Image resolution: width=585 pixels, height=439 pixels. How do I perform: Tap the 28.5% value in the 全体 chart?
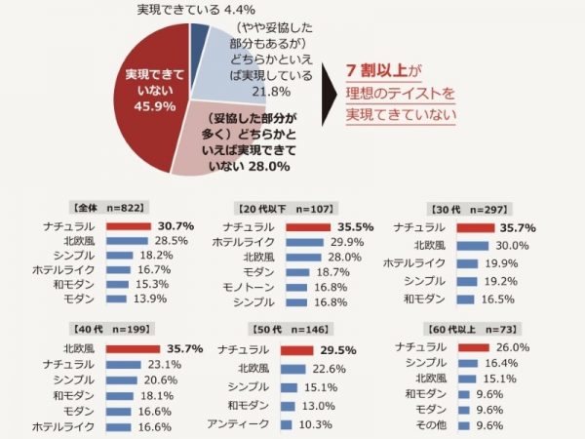click(172, 240)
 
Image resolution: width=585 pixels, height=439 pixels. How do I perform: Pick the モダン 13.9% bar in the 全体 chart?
click(116, 299)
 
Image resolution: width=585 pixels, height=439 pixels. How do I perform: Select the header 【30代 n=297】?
click(463, 208)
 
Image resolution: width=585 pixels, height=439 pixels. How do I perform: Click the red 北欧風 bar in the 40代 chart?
click(132, 347)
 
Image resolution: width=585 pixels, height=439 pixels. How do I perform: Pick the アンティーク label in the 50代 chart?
click(239, 424)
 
